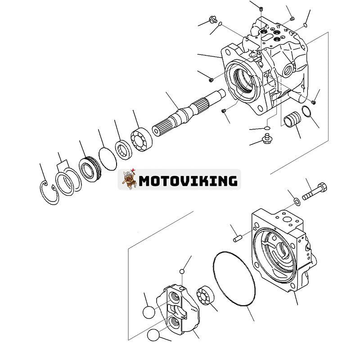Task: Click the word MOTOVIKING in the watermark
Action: coord(188,180)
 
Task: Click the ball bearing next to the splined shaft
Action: coord(141,139)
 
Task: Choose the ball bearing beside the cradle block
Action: coord(205,296)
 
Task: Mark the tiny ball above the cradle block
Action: coord(182,272)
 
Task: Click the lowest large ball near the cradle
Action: coord(153,335)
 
